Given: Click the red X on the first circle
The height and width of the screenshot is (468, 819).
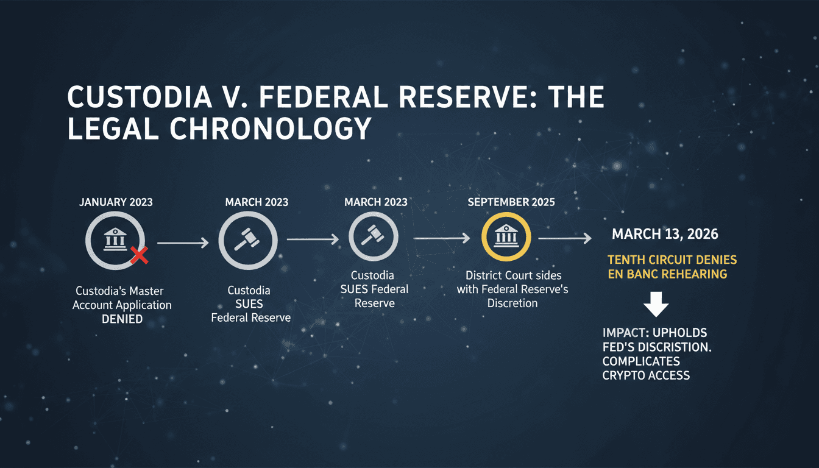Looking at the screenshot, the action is click(140, 255).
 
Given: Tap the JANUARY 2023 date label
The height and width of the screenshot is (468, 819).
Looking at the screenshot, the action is click(116, 202).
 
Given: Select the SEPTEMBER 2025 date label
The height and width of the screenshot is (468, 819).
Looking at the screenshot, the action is click(511, 202).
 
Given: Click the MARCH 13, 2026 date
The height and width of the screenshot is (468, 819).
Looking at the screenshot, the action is click(665, 234).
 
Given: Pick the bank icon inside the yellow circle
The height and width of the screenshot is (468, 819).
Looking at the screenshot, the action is click(506, 236).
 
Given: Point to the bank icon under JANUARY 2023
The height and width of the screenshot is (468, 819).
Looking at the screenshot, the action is click(115, 239).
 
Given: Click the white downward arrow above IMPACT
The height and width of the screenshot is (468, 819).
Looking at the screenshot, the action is click(656, 304).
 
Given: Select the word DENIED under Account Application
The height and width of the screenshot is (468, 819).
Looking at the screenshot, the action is click(122, 319).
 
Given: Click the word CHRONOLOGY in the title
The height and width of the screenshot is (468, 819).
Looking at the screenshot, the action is click(271, 129).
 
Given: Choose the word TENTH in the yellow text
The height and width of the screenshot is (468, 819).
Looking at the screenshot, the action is click(626, 260).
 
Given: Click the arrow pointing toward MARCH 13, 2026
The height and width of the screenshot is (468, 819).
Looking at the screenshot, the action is click(565, 238).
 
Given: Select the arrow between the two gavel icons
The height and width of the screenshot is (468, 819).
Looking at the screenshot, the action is click(313, 239).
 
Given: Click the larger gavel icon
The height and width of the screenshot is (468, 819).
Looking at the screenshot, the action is click(247, 239).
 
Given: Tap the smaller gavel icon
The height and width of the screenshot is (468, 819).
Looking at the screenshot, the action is click(373, 235).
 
